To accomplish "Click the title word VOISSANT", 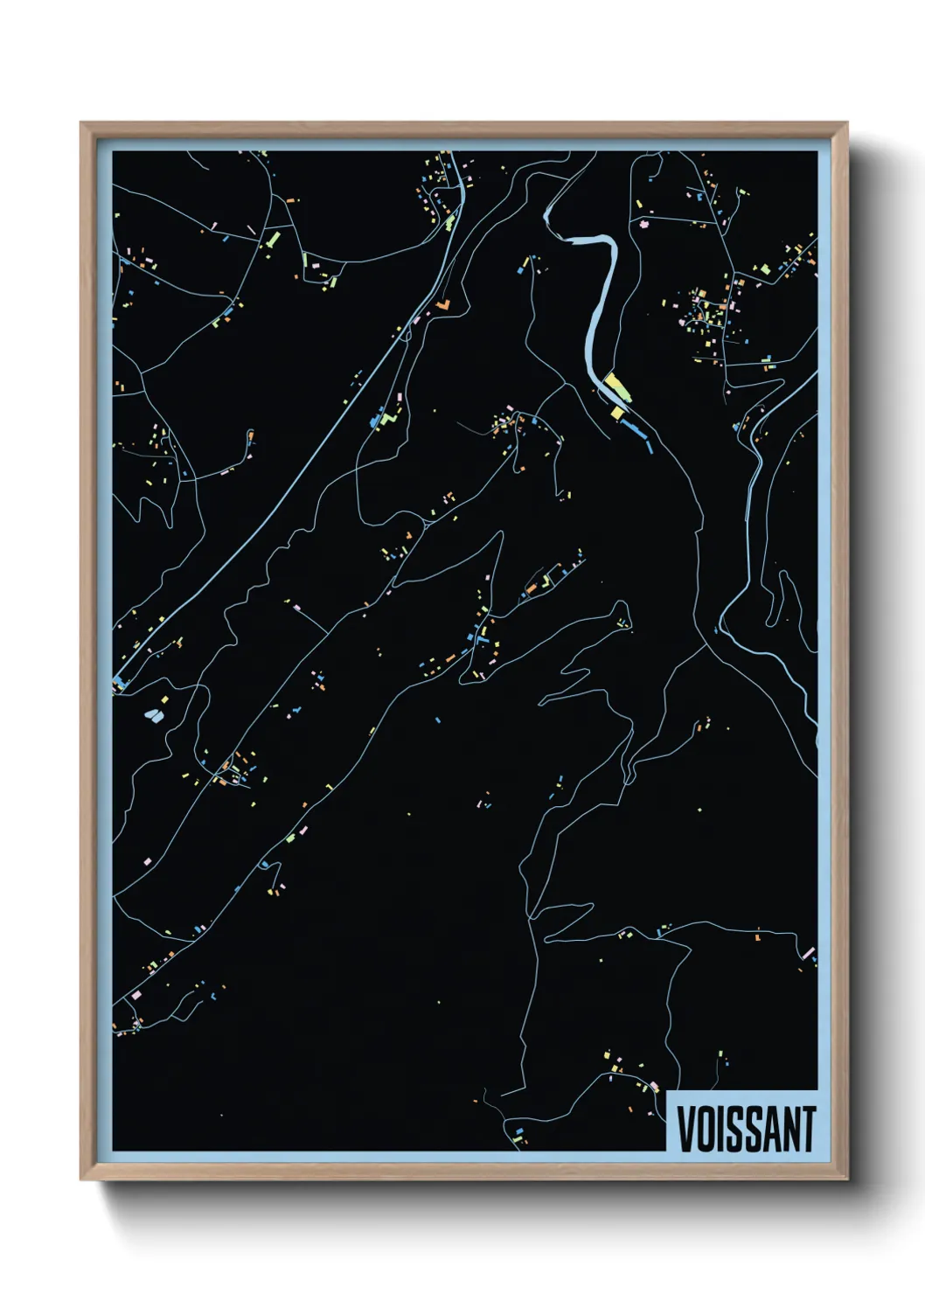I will pos(746,1129).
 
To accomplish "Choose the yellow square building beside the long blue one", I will pos(617,412).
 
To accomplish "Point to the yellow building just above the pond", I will pos(163,700).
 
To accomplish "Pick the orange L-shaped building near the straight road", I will pos(443,305).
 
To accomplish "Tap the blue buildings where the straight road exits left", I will pos(118,680).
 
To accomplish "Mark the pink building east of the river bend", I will pos(645,225).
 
